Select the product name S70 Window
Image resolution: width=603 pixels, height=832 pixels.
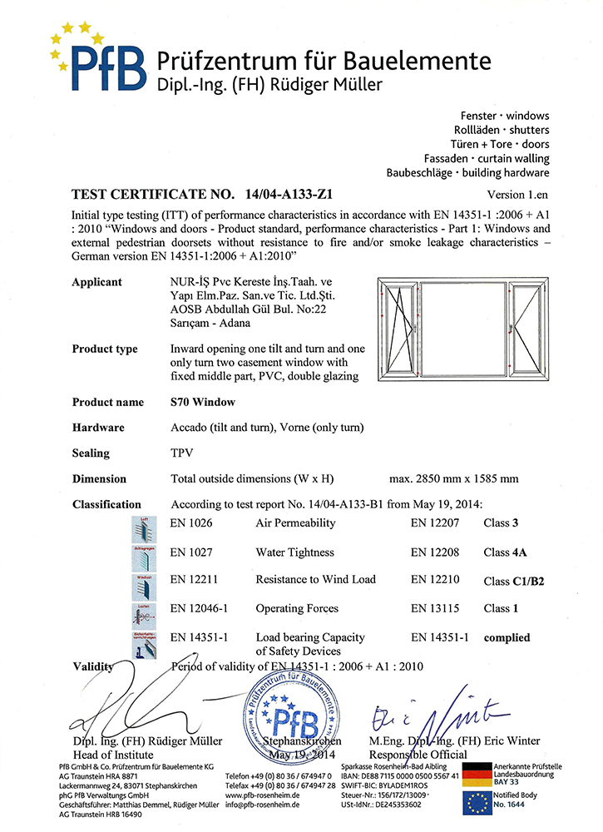point(202,402)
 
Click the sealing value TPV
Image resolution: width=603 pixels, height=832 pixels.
point(182,453)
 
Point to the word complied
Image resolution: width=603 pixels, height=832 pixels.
point(507,637)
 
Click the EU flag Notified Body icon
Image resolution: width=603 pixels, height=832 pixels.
point(477,802)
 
